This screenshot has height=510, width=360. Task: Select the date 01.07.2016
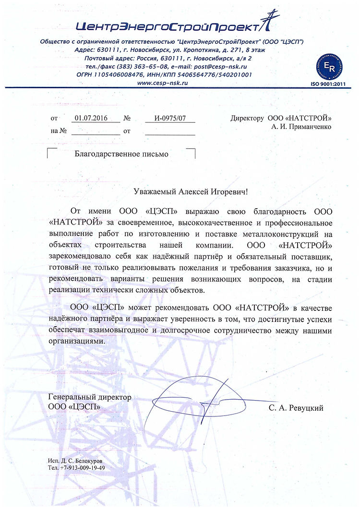click(x=91, y=118)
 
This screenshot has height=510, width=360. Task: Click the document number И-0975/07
click(x=169, y=118)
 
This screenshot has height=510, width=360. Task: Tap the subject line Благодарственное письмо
click(x=122, y=154)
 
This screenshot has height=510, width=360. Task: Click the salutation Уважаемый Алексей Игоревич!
click(x=191, y=191)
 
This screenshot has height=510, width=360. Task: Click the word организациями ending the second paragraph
click(x=76, y=341)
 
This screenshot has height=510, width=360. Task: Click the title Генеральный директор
click(x=90, y=398)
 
